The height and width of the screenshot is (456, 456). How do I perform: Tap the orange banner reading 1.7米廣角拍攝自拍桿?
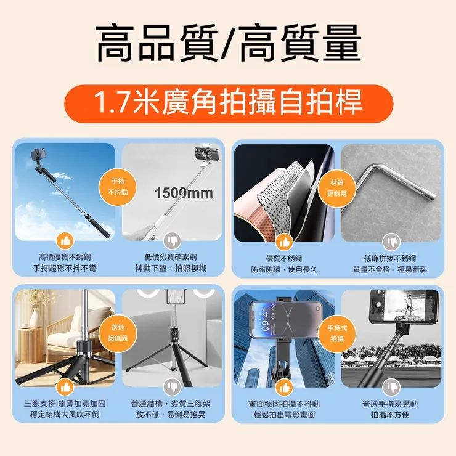228,103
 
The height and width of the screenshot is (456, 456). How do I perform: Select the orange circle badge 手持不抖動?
118,187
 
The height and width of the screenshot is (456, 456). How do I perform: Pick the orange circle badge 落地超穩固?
118,333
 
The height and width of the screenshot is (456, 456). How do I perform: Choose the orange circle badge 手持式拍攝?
337,333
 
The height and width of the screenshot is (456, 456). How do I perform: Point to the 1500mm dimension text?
183,193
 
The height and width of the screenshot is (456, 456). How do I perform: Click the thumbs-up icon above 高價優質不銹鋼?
65,240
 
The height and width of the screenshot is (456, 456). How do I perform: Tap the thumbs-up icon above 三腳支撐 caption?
65,386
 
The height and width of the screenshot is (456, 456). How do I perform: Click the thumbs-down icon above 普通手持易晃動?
391,387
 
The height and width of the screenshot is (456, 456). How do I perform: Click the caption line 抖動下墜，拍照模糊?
171,269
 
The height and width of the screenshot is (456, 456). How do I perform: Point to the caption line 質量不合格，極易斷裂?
389,269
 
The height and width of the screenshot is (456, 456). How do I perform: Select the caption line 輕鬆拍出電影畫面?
283,415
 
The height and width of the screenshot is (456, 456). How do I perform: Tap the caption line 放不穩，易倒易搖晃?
171,415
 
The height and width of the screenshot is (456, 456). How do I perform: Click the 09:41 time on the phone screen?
265,319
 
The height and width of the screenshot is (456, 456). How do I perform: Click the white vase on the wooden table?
35,317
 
